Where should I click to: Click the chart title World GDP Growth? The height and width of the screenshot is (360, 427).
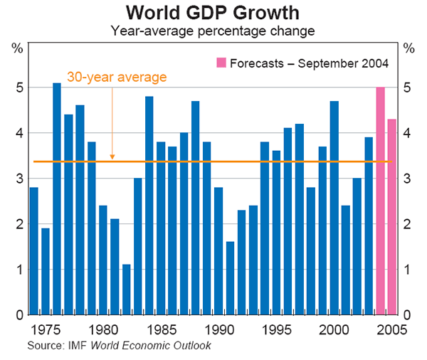click(x=213, y=13)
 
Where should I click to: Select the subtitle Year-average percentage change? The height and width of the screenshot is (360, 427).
click(x=213, y=31)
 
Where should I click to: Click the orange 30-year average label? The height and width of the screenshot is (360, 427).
click(x=117, y=77)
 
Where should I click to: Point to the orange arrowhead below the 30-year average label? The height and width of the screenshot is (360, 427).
click(x=112, y=157)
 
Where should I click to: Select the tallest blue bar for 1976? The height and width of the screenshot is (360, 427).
click(x=57, y=199)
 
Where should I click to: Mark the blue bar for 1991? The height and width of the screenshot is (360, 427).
click(x=230, y=278)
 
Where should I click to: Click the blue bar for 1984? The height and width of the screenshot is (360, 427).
click(x=149, y=206)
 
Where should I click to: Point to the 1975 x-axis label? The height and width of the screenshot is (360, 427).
click(x=47, y=329)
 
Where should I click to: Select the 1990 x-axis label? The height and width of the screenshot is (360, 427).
click(x=220, y=329)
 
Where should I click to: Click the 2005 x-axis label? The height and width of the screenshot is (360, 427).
click(x=392, y=329)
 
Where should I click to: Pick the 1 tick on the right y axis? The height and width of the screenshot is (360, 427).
click(x=408, y=270)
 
